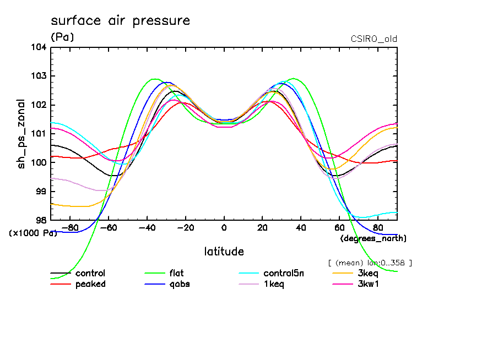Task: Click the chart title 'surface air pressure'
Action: coord(120,21)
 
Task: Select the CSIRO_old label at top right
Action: coord(373,39)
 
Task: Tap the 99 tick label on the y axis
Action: coord(41,192)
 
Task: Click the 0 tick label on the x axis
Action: coord(224,227)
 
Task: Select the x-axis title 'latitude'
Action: coord(224,252)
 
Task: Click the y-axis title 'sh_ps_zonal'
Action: coord(21,133)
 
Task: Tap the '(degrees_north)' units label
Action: coord(373,238)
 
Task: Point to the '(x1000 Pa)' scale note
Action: coord(33,233)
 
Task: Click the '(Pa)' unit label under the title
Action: coord(62,37)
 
